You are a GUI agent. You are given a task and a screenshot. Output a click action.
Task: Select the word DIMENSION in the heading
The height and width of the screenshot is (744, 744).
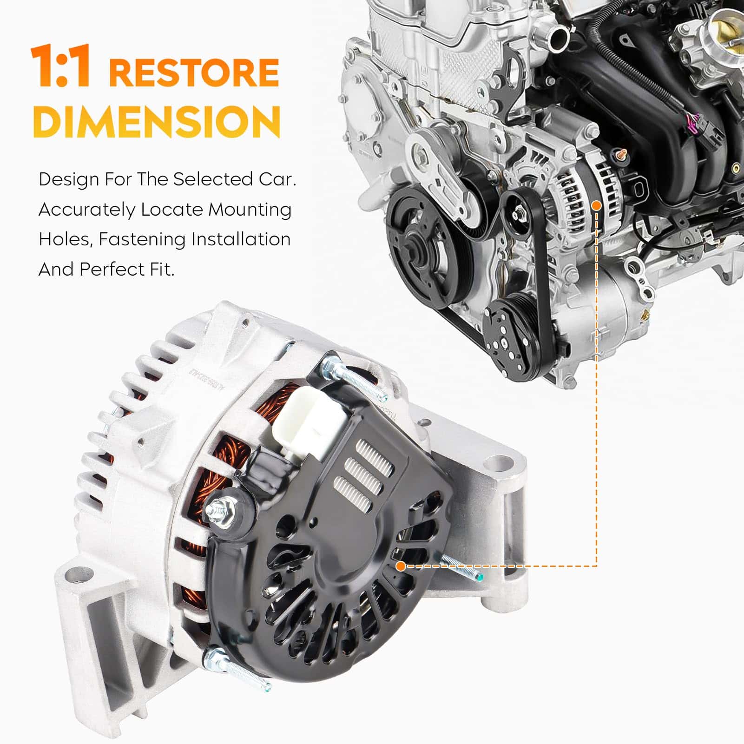[x=157, y=120]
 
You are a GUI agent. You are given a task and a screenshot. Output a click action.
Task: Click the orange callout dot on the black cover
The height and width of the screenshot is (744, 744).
[x=401, y=566]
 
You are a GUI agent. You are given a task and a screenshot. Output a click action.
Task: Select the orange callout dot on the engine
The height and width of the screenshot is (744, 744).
[x=597, y=204]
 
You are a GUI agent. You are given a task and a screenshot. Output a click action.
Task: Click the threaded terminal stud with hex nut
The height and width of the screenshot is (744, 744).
[x=224, y=510]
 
